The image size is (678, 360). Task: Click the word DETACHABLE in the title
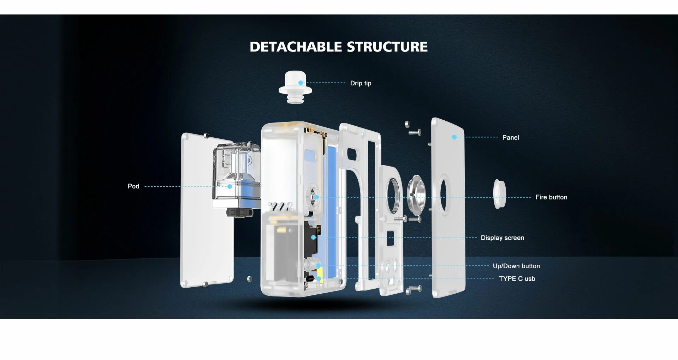(296, 47)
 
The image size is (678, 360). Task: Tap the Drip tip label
(361, 83)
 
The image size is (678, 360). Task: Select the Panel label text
(511, 138)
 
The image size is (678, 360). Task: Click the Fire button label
(551, 197)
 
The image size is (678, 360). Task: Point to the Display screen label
(502, 238)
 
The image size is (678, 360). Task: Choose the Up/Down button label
(516, 266)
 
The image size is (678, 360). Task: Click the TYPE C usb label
(517, 279)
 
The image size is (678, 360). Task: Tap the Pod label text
(133, 186)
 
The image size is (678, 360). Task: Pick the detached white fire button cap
(499, 194)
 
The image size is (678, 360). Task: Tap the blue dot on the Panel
(454, 137)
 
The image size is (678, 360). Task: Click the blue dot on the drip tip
(301, 83)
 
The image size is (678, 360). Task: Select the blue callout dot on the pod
(230, 186)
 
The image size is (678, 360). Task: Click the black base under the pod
(239, 212)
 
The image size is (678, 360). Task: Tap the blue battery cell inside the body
(332, 212)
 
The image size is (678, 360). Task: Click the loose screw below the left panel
(249, 279)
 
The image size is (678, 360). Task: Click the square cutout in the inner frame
(390, 238)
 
